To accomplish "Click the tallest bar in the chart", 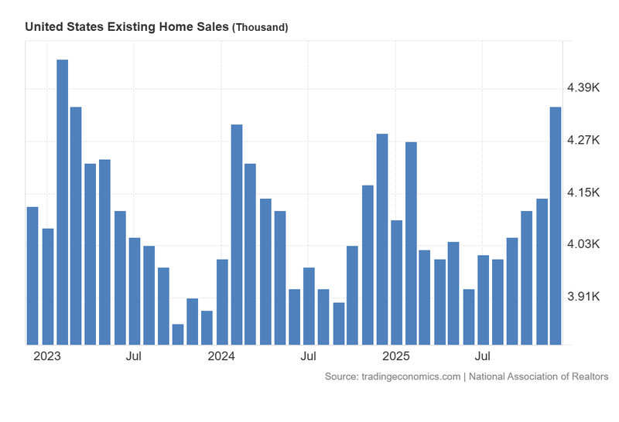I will (x=62, y=201).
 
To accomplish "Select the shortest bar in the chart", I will (x=178, y=334).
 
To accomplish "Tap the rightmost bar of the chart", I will (x=556, y=225).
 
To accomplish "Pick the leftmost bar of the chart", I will (x=32, y=275).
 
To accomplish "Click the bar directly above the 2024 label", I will (x=222, y=301).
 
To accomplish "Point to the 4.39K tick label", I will (x=584, y=88).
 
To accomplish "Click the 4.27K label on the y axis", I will (x=584, y=140).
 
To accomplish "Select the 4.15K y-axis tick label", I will (x=584, y=192).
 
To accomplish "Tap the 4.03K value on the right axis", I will (x=584, y=243).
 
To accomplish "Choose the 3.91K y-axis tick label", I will (x=584, y=296).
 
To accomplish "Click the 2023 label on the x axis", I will (x=47, y=356).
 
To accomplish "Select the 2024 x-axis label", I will (x=221, y=356).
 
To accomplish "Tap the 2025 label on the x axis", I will (x=395, y=356).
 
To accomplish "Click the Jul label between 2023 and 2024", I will (x=134, y=356).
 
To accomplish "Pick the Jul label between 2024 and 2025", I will (x=308, y=356).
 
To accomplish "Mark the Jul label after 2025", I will (x=483, y=356).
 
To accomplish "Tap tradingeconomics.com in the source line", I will (x=410, y=376).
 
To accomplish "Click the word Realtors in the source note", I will (x=587, y=376).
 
